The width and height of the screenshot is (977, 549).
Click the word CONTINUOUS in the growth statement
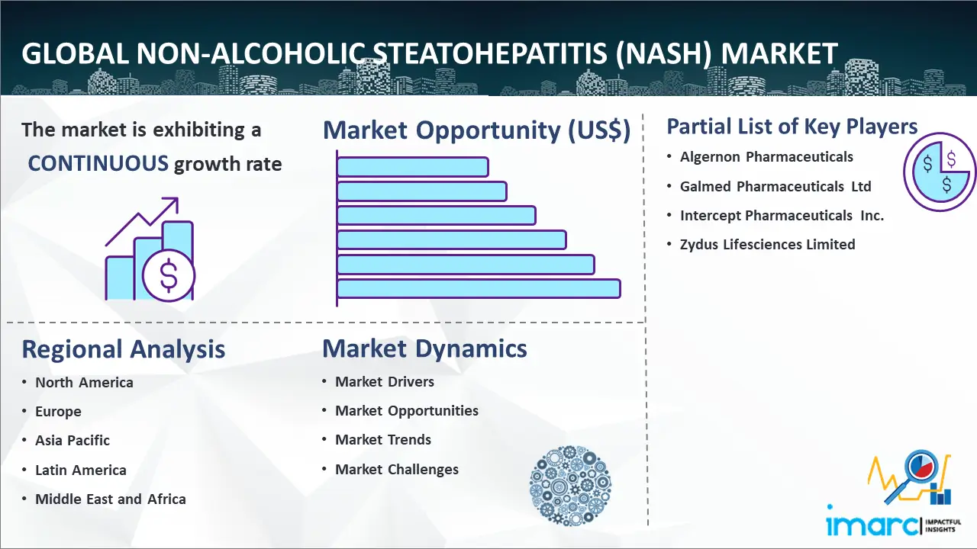click(x=98, y=163)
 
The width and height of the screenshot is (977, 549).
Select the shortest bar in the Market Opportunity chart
click(x=413, y=167)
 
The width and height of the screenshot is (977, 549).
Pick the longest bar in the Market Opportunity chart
click(x=479, y=289)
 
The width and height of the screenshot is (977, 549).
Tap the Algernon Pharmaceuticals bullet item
click(x=766, y=157)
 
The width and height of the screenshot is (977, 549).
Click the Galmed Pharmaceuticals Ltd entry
click(x=775, y=187)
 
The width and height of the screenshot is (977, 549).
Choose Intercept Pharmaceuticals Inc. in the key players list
click(x=782, y=215)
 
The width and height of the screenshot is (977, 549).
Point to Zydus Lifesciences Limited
click(x=767, y=245)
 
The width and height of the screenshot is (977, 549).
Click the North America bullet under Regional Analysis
click(x=84, y=383)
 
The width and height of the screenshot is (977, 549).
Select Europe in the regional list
click(x=58, y=411)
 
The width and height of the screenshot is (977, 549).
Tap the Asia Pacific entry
click(x=73, y=441)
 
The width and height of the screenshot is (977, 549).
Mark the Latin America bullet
click(x=81, y=470)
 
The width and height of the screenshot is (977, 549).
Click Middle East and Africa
click(x=111, y=499)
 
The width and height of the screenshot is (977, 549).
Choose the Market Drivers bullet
click(x=384, y=382)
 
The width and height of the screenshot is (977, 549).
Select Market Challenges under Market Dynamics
click(x=396, y=469)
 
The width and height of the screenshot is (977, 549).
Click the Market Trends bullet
click(x=383, y=440)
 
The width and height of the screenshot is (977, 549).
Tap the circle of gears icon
click(x=570, y=485)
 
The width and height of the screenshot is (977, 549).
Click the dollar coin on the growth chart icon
click(x=169, y=275)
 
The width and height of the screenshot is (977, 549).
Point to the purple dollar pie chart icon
click(x=939, y=172)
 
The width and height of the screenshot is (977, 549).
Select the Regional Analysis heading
click(x=124, y=349)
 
